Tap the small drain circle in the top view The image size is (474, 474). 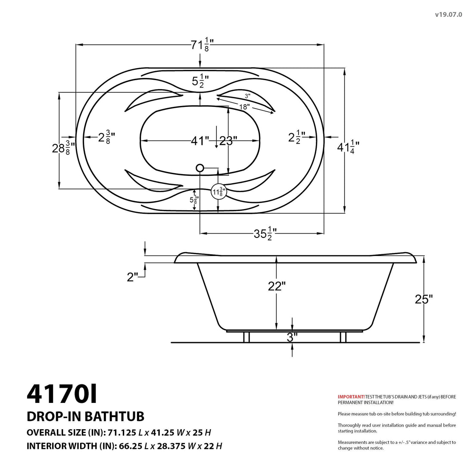[x=200, y=168]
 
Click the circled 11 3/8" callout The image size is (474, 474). [x=218, y=192]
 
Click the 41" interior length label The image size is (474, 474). [x=200, y=141]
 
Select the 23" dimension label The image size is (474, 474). [x=228, y=141]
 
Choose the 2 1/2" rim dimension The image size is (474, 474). [x=296, y=137]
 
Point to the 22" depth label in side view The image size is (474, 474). [x=277, y=286]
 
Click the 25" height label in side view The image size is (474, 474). [x=424, y=299]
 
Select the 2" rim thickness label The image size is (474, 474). [x=133, y=278]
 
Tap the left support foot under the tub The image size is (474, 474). [x=246, y=337]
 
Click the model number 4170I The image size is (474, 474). [x=62, y=393]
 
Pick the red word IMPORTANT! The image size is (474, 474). [x=351, y=396]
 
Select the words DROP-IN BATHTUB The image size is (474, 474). [x=85, y=416]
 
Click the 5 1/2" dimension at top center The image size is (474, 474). [x=200, y=81]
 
